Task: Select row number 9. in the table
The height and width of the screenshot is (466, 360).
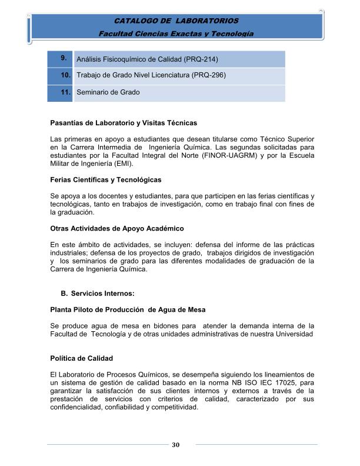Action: [x=62, y=58]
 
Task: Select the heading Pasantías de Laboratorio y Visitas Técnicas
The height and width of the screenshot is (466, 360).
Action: [x=124, y=124]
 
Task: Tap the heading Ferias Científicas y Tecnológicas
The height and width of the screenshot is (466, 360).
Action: [x=106, y=179]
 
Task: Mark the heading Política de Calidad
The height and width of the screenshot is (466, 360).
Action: [x=81, y=358]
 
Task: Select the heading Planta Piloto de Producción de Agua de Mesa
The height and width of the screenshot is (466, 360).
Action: [x=128, y=309]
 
